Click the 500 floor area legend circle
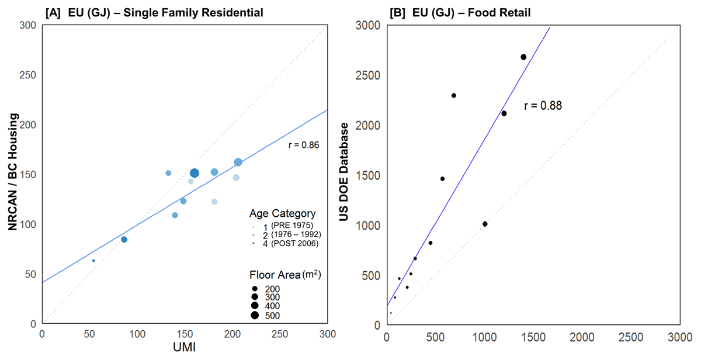[x=255, y=316]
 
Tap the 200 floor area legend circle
[x=255, y=289]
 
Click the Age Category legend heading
[x=282, y=213]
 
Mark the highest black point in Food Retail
[x=523, y=57]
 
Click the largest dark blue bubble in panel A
[x=195, y=173]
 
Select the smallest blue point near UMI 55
[x=93, y=261]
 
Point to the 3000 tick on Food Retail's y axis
[x=369, y=25]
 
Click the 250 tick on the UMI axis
[x=280, y=334]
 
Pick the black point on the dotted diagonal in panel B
[x=485, y=224]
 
